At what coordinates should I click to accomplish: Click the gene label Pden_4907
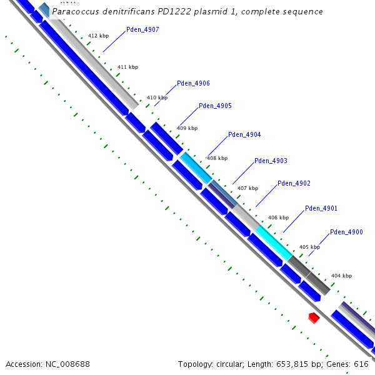(x=142, y=29)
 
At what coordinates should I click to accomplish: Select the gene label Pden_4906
(x=193, y=83)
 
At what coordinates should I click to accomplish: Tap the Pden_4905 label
(x=215, y=106)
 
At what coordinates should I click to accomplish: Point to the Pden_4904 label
(x=244, y=134)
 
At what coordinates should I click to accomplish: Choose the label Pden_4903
(x=271, y=161)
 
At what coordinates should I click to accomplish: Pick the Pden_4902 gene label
(x=294, y=183)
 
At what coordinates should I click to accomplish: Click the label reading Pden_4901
(x=321, y=208)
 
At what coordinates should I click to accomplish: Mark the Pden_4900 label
(x=346, y=232)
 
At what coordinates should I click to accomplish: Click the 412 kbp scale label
(x=98, y=36)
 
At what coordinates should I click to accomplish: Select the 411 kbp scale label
(x=127, y=67)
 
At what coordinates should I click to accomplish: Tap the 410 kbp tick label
(x=157, y=97)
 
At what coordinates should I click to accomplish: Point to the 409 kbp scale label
(x=187, y=128)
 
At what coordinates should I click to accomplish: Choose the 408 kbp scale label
(x=217, y=158)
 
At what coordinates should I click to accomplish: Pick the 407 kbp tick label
(x=247, y=187)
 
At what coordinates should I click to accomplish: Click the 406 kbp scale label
(x=278, y=217)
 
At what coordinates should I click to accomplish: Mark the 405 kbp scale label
(x=309, y=247)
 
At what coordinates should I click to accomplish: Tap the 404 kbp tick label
(x=341, y=276)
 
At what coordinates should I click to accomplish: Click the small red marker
(x=314, y=318)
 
